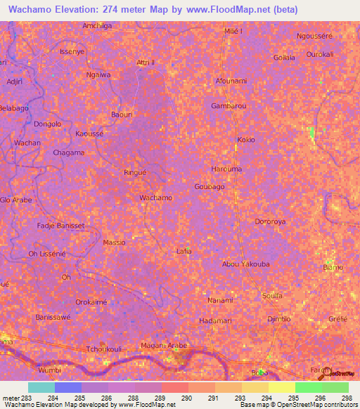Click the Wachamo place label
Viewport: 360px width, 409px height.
coord(156,197)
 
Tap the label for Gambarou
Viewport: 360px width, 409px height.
coord(229,105)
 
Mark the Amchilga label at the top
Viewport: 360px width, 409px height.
coord(97,25)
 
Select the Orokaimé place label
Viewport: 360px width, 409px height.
coord(91,301)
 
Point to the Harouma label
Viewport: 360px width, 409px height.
coord(226,169)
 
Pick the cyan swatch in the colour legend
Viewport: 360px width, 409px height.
coord(41,387)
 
